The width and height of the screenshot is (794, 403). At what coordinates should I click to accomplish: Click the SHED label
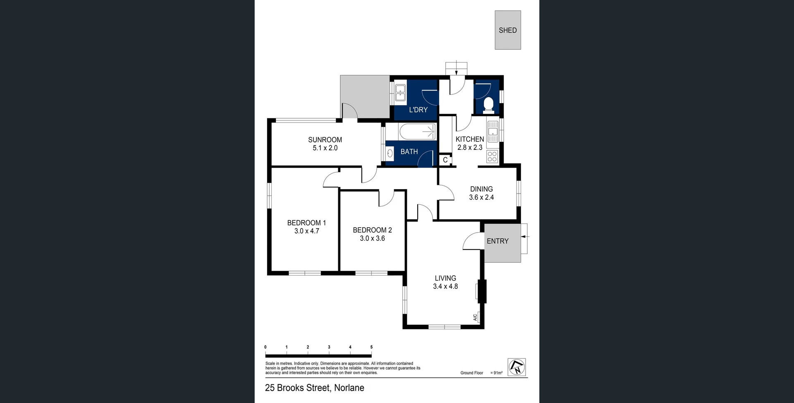[507, 30]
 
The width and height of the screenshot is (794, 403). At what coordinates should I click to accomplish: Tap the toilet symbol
[488, 105]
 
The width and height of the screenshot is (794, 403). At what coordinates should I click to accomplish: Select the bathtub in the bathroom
[418, 132]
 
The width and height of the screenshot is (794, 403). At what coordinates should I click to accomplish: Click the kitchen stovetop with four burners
[492, 156]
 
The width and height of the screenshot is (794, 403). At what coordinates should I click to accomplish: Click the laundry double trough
[400, 93]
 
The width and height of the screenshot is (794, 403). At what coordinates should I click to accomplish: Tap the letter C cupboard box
[445, 160]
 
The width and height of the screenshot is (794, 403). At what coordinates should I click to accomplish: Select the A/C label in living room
[475, 317]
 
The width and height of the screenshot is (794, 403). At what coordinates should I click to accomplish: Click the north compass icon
[517, 367]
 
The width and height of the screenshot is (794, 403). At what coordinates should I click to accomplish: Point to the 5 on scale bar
[371, 347]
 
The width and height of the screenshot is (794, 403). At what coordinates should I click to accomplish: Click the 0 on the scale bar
[265, 347]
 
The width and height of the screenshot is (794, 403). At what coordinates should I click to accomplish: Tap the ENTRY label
[497, 241]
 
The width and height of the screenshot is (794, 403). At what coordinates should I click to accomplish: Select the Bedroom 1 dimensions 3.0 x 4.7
[306, 231]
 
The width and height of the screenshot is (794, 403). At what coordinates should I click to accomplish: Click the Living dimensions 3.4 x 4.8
[445, 286]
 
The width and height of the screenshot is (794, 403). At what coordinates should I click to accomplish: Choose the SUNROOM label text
[325, 140]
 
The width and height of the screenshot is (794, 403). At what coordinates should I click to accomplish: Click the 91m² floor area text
[497, 373]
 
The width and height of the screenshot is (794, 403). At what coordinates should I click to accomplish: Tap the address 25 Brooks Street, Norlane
[314, 388]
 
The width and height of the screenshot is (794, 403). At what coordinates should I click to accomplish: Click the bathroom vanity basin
[390, 154]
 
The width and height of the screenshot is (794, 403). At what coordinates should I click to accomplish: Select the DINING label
[481, 189]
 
